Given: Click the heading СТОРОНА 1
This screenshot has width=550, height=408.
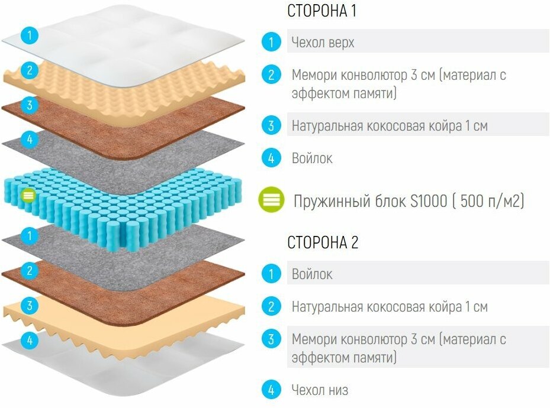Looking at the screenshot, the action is coord(321,11).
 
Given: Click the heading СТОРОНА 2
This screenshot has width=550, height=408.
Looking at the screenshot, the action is coord(323,242).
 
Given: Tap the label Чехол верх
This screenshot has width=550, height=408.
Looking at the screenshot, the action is coord(323,43).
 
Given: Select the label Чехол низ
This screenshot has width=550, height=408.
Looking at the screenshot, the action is coord(320,390).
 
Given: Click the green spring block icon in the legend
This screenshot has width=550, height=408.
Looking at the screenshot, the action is coord(271,200).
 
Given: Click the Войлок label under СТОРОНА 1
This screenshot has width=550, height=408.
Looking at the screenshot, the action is coord(312,158).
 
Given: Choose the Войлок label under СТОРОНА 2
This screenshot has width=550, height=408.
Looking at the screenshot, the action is coord(312,274).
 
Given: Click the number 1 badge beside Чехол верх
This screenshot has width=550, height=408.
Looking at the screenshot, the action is coord(271,42).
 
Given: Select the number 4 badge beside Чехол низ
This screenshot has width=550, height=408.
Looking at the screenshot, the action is coord(271,390).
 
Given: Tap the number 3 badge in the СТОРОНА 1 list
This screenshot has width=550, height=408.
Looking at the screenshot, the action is coord(271,125).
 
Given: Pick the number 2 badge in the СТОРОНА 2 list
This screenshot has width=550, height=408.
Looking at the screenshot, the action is coord(271,306).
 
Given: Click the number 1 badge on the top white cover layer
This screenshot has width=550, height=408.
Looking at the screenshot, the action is coord(29,35).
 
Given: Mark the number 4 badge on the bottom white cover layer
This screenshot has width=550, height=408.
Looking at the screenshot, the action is coord(29,340).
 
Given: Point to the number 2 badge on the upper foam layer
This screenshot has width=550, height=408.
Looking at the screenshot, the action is coord(29,70).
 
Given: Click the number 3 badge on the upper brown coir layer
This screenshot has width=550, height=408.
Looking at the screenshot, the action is coord(29,105).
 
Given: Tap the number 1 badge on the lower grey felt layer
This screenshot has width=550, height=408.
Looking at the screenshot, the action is coord(29,235).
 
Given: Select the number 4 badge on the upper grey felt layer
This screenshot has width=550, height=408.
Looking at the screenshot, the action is coord(29,140).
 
